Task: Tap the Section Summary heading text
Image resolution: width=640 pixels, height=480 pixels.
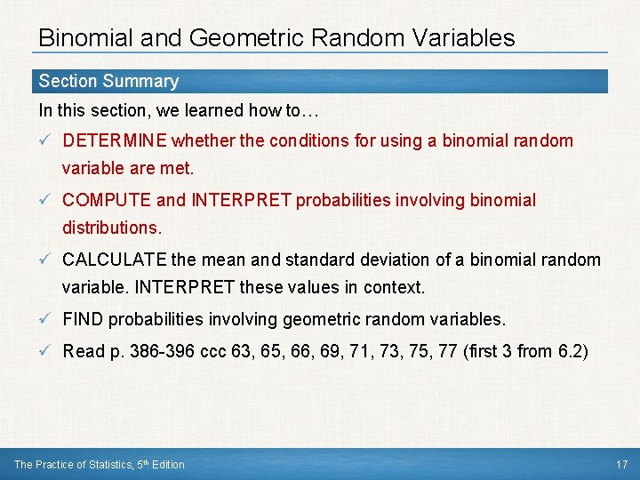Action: point(108,81)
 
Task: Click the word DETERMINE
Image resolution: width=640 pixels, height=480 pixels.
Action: point(116,140)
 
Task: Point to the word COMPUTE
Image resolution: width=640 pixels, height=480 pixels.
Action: point(98,200)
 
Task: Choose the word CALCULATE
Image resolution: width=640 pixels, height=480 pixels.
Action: point(115,260)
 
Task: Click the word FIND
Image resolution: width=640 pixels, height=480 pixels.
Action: point(84,319)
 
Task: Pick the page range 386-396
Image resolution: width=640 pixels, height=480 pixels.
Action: point(161,351)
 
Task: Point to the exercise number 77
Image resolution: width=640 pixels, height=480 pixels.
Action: point(450,351)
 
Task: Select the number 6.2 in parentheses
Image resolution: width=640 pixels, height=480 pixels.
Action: point(569,351)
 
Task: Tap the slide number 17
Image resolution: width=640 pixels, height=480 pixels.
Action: point(621,464)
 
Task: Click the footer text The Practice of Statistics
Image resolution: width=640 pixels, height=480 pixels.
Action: point(70,464)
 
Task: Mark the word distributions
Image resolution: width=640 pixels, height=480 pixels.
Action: point(112,228)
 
